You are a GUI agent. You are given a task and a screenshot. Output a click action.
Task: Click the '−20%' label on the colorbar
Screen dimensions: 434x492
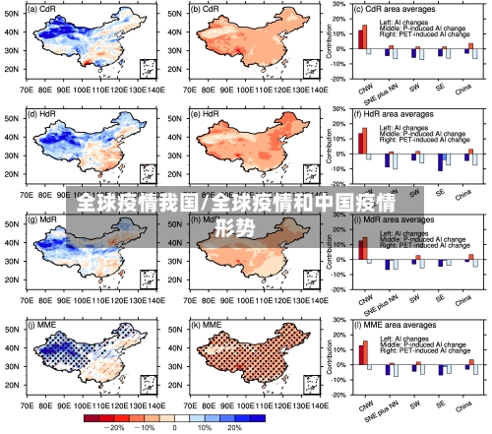pos(114,428)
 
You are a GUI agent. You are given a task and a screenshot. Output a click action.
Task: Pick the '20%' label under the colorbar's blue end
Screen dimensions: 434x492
pos(234,428)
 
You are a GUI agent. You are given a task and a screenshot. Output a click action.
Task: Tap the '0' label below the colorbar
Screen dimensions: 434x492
pos(175,428)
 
